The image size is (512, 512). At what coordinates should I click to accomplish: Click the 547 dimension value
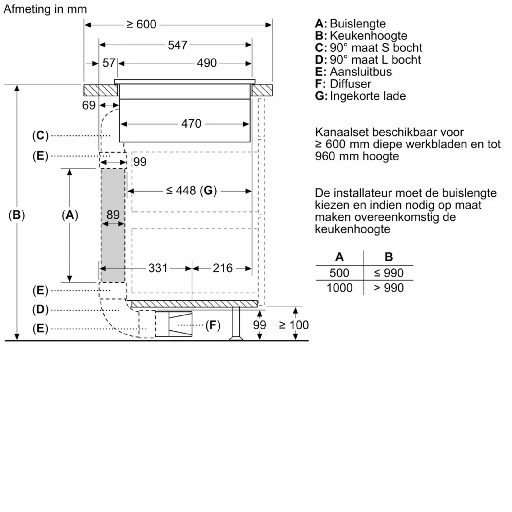[x=177, y=45]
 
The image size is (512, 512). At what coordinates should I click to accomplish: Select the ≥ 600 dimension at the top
[x=141, y=25]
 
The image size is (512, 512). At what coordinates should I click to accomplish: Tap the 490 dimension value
[x=206, y=63]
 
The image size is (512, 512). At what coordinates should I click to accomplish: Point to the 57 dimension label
[x=109, y=63]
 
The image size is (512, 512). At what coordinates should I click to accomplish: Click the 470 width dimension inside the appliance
[x=191, y=124]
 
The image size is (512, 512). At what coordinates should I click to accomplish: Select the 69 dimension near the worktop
[x=88, y=105]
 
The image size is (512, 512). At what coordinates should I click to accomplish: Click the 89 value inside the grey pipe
[x=113, y=215]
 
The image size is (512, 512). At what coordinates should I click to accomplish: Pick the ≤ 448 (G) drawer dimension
[x=191, y=191]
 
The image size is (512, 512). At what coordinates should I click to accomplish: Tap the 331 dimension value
[x=158, y=268]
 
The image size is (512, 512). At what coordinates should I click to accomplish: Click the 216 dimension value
[x=222, y=268]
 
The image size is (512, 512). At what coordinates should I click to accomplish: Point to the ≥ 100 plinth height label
[x=294, y=325]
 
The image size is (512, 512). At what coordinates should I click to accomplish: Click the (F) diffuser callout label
[x=213, y=325]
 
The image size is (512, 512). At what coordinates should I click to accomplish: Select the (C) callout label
[x=40, y=136]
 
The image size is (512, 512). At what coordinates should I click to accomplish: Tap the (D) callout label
[x=40, y=310]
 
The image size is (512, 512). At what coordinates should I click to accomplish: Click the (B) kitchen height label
[x=16, y=215]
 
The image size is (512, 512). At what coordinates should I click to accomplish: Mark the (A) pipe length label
[x=70, y=215]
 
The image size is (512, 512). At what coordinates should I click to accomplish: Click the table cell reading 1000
[x=339, y=288]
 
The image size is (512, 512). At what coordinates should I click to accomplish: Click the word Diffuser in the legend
[x=350, y=84]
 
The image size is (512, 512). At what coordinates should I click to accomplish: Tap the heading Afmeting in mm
[x=45, y=9]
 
